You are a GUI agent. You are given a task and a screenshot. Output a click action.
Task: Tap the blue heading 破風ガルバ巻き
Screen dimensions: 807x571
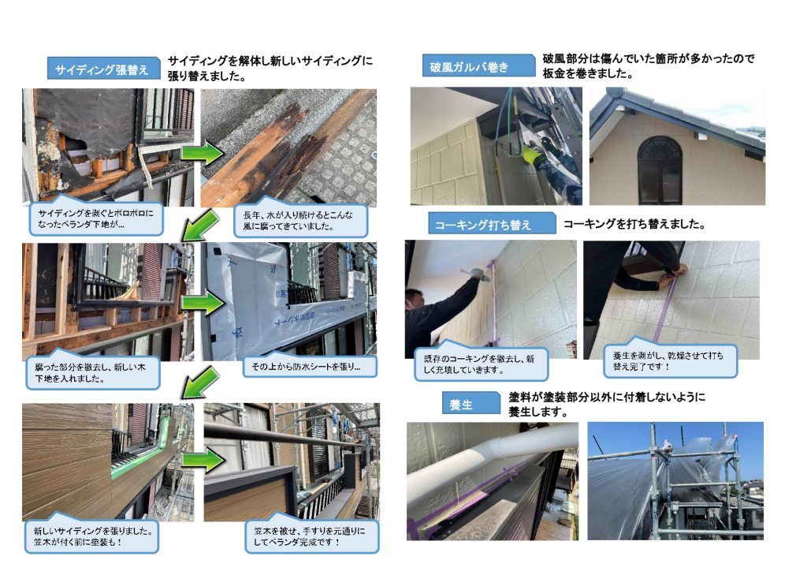[x=478, y=66]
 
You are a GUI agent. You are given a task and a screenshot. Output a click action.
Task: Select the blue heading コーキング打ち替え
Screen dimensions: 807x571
[x=492, y=223]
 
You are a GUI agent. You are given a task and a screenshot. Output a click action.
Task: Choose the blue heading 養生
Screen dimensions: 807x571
[x=471, y=403]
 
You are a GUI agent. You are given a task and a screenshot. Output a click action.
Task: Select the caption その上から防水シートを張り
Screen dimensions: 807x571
[x=310, y=366]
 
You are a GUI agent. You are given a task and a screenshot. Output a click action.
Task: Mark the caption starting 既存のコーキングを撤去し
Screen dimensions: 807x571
[x=481, y=363]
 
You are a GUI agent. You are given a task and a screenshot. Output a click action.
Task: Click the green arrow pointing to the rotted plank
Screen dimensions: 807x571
[x=203, y=153]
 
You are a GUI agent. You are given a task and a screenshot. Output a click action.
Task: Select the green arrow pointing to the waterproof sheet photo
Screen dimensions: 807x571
[x=203, y=304]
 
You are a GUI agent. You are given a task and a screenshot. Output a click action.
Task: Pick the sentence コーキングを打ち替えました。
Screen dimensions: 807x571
[x=634, y=224]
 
